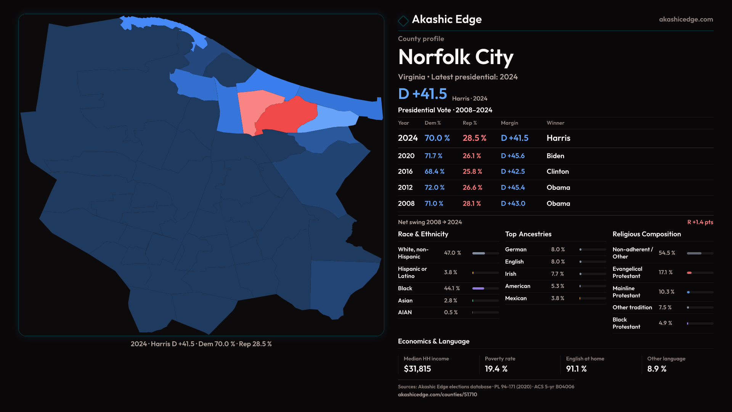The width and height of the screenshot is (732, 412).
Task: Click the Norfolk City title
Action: pyautogui.click(x=456, y=57)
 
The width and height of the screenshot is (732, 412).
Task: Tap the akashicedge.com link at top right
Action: pyautogui.click(x=685, y=19)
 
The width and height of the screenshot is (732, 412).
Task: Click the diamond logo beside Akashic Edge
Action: pyautogui.click(x=403, y=21)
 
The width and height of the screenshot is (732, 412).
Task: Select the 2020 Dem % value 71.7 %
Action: pyautogui.click(x=433, y=156)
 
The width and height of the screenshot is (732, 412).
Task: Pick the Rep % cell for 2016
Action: pyautogui.click(x=472, y=172)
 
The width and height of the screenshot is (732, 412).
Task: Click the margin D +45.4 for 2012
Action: pyautogui.click(x=513, y=188)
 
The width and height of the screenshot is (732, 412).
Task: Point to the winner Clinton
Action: pyautogui.click(x=557, y=172)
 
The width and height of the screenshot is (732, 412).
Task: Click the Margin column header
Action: pyautogui.click(x=509, y=123)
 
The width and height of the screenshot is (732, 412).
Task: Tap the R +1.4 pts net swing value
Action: pyautogui.click(x=700, y=222)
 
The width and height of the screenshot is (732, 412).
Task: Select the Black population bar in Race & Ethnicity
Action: pyautogui.click(x=478, y=288)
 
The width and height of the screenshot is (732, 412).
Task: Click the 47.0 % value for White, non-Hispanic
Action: pyautogui.click(x=452, y=253)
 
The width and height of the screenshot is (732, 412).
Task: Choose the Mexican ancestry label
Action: pyautogui.click(x=515, y=298)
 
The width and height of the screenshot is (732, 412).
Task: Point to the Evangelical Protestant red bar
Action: pyautogui.click(x=689, y=273)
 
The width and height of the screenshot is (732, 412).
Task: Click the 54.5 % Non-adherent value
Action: pyautogui.click(x=667, y=253)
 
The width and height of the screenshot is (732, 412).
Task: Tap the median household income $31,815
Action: pyautogui.click(x=417, y=369)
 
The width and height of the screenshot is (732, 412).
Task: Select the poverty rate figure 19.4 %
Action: pyautogui.click(x=496, y=369)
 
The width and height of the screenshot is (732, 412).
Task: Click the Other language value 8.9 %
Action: pyautogui.click(x=657, y=369)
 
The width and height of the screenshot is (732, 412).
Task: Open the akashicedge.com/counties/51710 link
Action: pyautogui.click(x=437, y=394)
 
